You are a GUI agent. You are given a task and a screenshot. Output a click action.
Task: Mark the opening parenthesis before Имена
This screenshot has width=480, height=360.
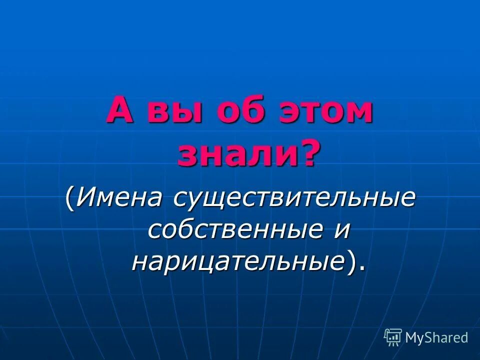click(69, 198)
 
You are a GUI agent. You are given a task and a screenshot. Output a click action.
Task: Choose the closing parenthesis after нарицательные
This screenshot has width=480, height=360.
click(352, 261)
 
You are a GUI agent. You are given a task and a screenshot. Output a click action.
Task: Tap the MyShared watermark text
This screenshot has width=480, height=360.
click(436, 337)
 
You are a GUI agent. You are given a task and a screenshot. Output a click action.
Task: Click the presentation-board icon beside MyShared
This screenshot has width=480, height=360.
click(393, 337)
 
